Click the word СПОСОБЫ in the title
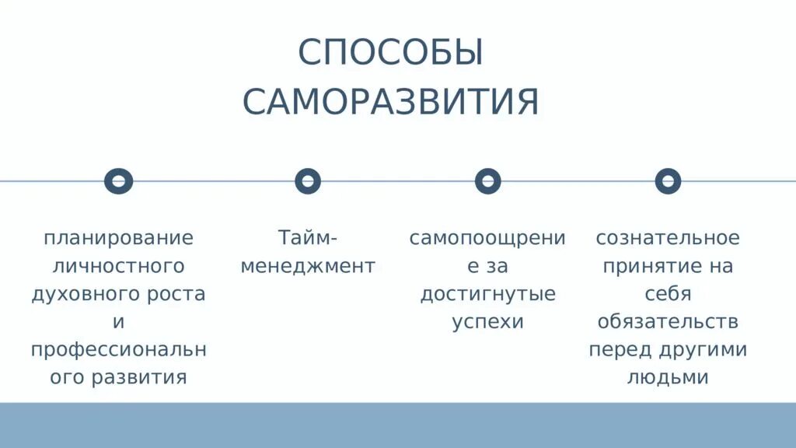click(x=390, y=54)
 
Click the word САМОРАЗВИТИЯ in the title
click(x=390, y=103)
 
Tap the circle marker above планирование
click(x=119, y=181)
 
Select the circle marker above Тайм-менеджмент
click(x=308, y=181)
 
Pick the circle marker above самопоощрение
click(x=487, y=181)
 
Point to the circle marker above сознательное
click(x=668, y=181)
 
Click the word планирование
click(x=118, y=238)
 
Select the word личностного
click(x=118, y=266)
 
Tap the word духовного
click(x=82, y=294)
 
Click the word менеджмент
click(x=308, y=266)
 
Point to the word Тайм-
click(x=308, y=237)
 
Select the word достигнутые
click(x=487, y=295)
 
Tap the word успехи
click(x=487, y=322)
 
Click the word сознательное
click(x=668, y=238)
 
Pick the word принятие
click(x=644, y=266)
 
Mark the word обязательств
click(x=668, y=322)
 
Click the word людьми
click(x=668, y=378)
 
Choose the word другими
click(x=705, y=350)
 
